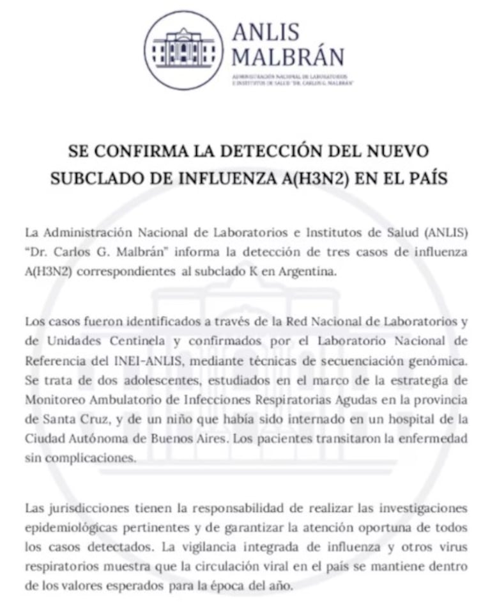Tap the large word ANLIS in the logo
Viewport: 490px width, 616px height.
(x=266, y=32)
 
